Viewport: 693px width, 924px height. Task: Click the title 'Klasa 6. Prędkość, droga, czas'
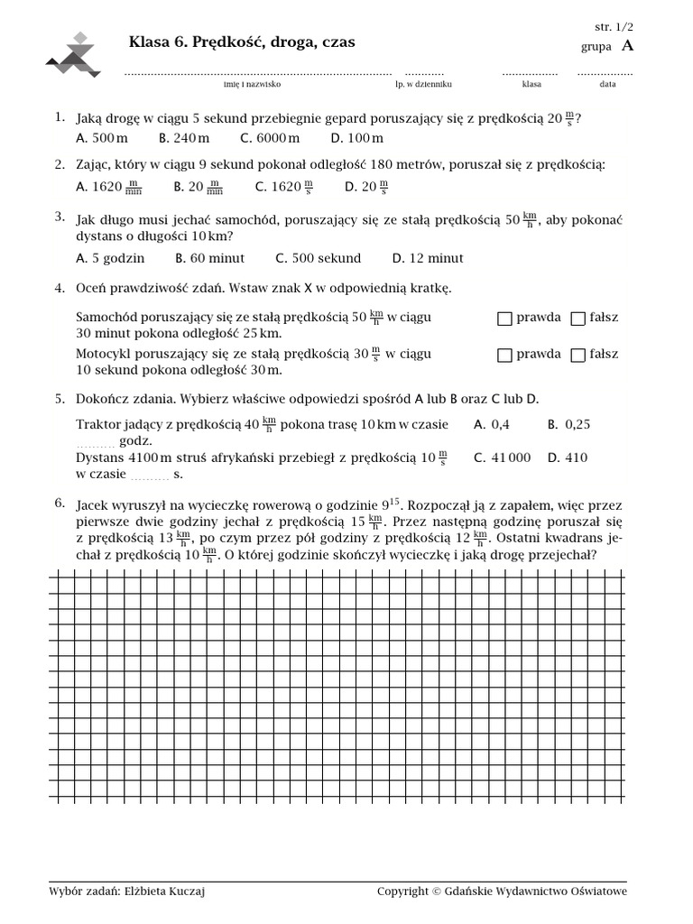click(242, 42)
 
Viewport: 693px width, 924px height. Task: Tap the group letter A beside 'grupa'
click(627, 46)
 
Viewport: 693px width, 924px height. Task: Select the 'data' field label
click(607, 84)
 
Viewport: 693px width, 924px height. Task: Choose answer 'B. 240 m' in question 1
click(184, 138)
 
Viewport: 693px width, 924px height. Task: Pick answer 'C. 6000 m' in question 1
click(270, 138)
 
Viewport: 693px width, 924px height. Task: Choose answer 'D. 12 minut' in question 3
click(428, 258)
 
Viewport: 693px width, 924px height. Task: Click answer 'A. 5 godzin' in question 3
click(110, 258)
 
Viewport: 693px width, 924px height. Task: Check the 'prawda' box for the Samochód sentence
click(504, 319)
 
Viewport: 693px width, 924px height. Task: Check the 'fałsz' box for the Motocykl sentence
click(578, 356)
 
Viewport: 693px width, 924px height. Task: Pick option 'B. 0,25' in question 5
click(568, 424)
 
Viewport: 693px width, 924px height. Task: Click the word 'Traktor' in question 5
click(98, 424)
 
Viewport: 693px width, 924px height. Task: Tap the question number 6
click(59, 503)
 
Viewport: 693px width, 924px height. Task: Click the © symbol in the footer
click(438, 892)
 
